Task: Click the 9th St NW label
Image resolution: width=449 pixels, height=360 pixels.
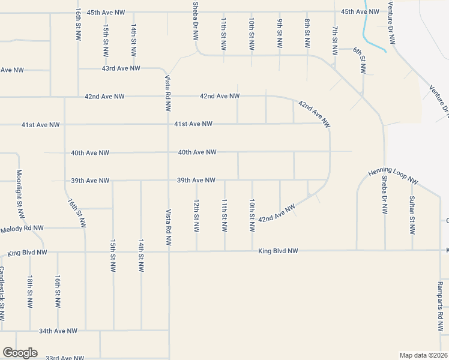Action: click(280, 34)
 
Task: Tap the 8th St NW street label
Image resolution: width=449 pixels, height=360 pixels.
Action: click(307, 34)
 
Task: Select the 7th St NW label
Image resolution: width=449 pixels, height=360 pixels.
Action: click(335, 40)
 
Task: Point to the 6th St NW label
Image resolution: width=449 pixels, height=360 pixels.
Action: click(360, 61)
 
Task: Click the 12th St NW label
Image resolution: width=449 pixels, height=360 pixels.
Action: click(196, 216)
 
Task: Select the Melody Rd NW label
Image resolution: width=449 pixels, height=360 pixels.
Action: click(22, 228)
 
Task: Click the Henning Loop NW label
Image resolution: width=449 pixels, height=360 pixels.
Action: click(393, 175)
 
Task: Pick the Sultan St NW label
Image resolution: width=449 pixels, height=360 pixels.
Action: click(412, 214)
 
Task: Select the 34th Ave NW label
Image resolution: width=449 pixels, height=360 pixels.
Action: click(58, 331)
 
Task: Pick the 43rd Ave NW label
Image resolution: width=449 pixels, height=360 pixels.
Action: click(121, 68)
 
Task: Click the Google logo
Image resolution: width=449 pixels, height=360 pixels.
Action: click(20, 353)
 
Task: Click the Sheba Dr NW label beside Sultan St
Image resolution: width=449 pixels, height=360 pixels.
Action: click(384, 196)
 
